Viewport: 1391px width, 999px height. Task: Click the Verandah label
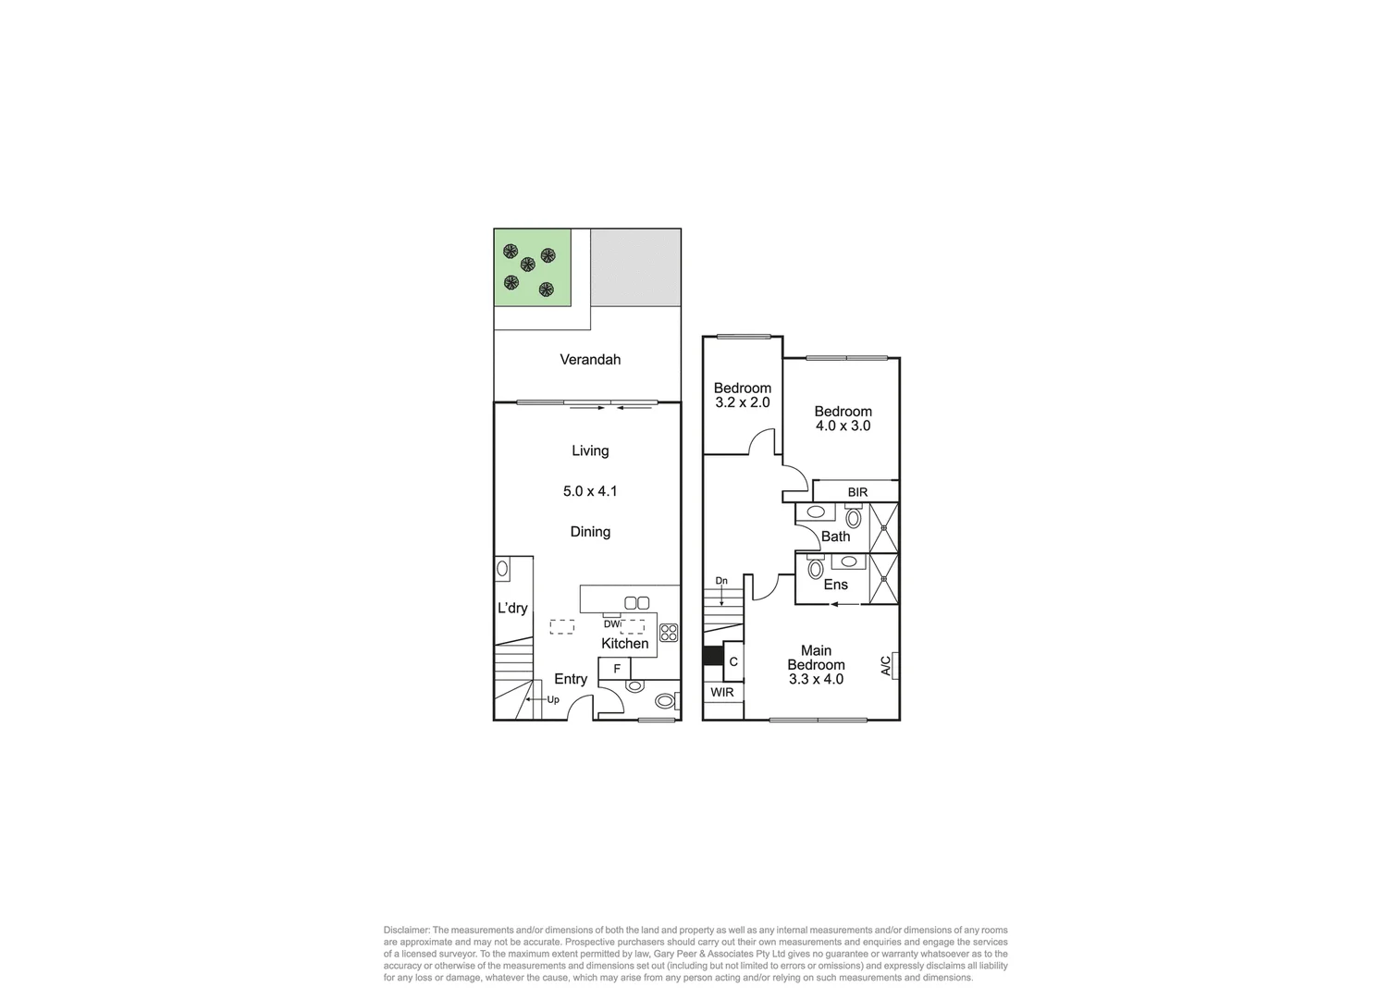(590, 360)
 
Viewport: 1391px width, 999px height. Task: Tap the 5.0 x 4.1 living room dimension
(590, 491)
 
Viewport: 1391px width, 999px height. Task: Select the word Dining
(590, 532)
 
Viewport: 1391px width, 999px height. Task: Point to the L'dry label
(512, 609)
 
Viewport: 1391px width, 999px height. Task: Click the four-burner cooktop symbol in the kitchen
(668, 634)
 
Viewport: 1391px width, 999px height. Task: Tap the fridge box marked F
(616, 669)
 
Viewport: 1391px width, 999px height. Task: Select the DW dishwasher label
(612, 623)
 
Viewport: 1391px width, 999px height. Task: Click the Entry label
(571, 679)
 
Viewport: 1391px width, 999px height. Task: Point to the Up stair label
(553, 700)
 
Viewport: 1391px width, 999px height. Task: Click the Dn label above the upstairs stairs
(721, 581)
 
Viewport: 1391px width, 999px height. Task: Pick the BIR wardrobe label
(857, 492)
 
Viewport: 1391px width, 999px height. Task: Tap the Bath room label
(835, 536)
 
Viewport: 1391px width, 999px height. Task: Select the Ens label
(835, 585)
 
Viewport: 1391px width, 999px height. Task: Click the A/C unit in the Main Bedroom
(888, 665)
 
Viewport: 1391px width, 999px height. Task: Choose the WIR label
(722, 692)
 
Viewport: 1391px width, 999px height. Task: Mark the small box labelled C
(733, 662)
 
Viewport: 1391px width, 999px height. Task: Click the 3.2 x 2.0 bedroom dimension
(742, 403)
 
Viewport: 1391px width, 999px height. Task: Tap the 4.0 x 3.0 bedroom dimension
(843, 426)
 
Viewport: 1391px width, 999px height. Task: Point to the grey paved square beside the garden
(636, 267)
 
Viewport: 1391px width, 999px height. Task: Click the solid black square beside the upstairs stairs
(712, 655)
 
